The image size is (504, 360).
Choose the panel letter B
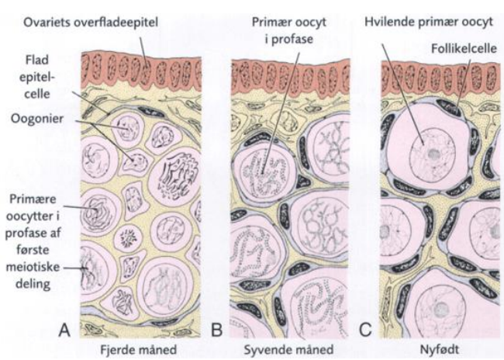point(217,329)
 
